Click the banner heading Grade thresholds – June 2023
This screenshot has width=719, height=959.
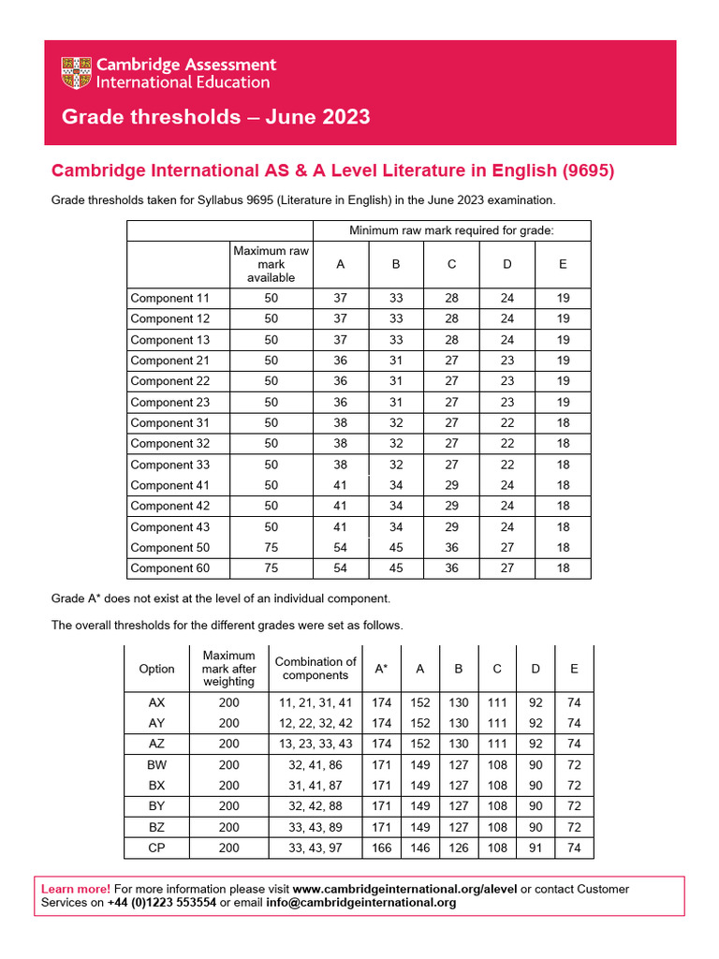pyautogui.click(x=215, y=117)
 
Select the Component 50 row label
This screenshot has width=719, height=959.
pyautogui.click(x=170, y=547)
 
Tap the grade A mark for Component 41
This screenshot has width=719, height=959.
pyautogui.click(x=341, y=485)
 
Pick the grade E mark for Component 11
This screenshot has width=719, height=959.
pyautogui.click(x=562, y=298)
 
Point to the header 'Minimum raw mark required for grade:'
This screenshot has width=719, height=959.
pyautogui.click(x=451, y=230)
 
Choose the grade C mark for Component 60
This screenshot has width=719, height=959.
pyautogui.click(x=451, y=568)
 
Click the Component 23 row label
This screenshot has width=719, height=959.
pyautogui.click(x=170, y=402)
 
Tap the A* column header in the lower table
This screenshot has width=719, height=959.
pyautogui.click(x=381, y=669)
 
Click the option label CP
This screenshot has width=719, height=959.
pyautogui.click(x=156, y=848)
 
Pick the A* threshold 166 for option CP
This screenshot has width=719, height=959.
pyautogui.click(x=381, y=848)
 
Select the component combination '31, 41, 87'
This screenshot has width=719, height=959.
pyautogui.click(x=315, y=785)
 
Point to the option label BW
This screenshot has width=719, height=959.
pyautogui.click(x=156, y=764)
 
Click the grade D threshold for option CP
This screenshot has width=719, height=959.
pyautogui.click(x=535, y=848)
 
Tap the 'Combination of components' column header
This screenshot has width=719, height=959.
pyautogui.click(x=315, y=669)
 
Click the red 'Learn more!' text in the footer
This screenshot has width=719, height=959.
pyautogui.click(x=76, y=889)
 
